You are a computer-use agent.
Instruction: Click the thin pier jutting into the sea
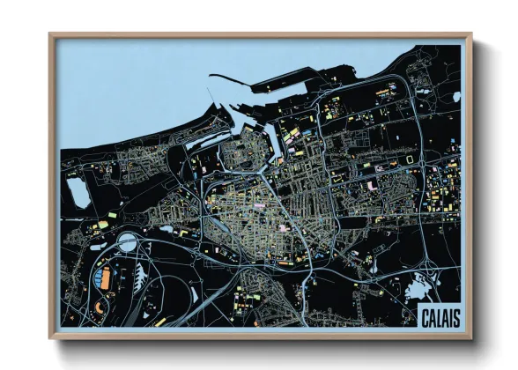(215, 93)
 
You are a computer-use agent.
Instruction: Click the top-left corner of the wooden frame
(51, 36)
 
